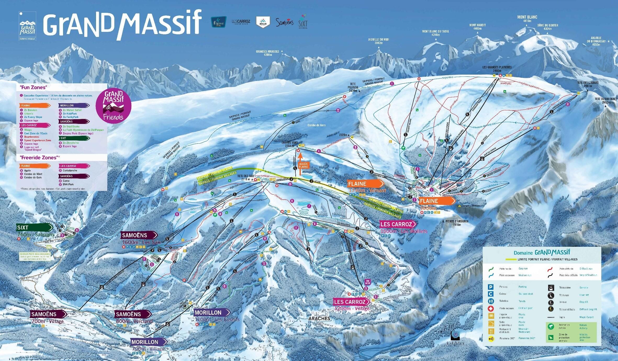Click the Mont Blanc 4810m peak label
pyautogui.click(x=527, y=19)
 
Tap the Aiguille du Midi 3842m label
pyautogui.click(x=379, y=41)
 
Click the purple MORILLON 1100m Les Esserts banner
pyautogui.click(x=212, y=313)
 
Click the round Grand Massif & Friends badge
pyautogui.click(x=113, y=106)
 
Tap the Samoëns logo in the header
pyautogui.click(x=284, y=23)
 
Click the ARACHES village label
pyautogui.click(x=319, y=319)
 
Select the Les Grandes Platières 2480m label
pyautogui.click(x=497, y=69)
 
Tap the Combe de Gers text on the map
pyautogui.click(x=316, y=125)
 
